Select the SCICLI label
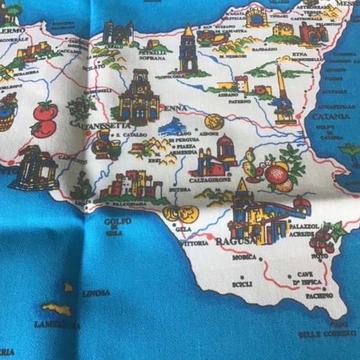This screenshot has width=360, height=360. click(242, 284)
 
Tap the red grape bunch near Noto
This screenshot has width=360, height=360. click(323, 238)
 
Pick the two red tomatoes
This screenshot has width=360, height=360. click(45, 119)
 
